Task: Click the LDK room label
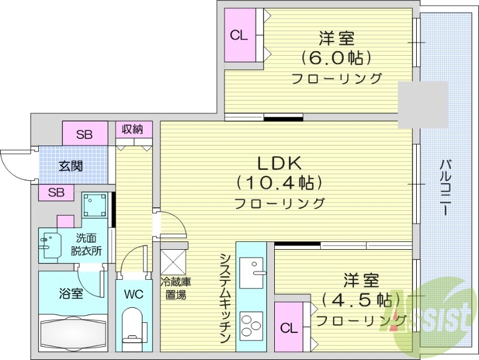pos(279,162)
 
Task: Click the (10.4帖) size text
pos(279,182)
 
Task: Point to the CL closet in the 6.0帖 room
pos(239,35)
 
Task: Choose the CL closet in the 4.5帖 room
pos(289,328)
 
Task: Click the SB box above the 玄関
pos(85,134)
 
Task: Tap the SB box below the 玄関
pos(56,192)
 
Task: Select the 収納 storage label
pos(132,129)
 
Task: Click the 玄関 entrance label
pos(71,167)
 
